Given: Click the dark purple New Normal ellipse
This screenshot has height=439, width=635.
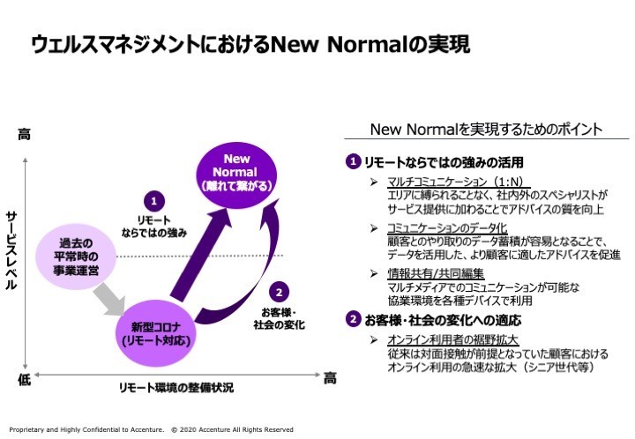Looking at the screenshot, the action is (236, 175).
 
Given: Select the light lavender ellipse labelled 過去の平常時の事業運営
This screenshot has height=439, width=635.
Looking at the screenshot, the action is (76, 257).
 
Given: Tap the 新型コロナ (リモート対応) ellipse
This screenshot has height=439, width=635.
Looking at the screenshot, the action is (156, 333).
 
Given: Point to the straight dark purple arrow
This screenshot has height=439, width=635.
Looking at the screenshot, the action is (200, 256).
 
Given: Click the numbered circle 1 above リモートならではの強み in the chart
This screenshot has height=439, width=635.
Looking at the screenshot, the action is (153, 201).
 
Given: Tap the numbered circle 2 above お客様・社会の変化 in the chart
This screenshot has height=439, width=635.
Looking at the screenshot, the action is (279, 292).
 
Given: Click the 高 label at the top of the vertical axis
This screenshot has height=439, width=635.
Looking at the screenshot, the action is (24, 134).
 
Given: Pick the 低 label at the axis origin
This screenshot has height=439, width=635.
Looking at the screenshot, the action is (24, 380).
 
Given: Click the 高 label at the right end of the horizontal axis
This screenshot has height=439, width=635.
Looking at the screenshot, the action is (330, 379).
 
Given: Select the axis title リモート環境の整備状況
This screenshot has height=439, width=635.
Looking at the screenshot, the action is (176, 388).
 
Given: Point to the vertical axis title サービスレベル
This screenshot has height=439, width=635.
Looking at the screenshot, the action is (11, 250).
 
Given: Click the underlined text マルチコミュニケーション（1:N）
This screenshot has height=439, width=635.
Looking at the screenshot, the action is (456, 182).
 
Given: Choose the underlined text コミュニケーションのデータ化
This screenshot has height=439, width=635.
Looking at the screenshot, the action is (447, 228).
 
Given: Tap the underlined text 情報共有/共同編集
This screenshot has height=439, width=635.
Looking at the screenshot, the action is (436, 273).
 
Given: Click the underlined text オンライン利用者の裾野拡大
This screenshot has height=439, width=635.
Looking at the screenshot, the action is (452, 340).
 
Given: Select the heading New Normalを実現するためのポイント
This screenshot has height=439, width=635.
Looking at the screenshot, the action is (486, 130).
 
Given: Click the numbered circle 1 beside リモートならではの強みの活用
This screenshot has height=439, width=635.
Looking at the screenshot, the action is (353, 161).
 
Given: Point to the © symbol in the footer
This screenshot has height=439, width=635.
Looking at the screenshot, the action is (174, 429).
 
